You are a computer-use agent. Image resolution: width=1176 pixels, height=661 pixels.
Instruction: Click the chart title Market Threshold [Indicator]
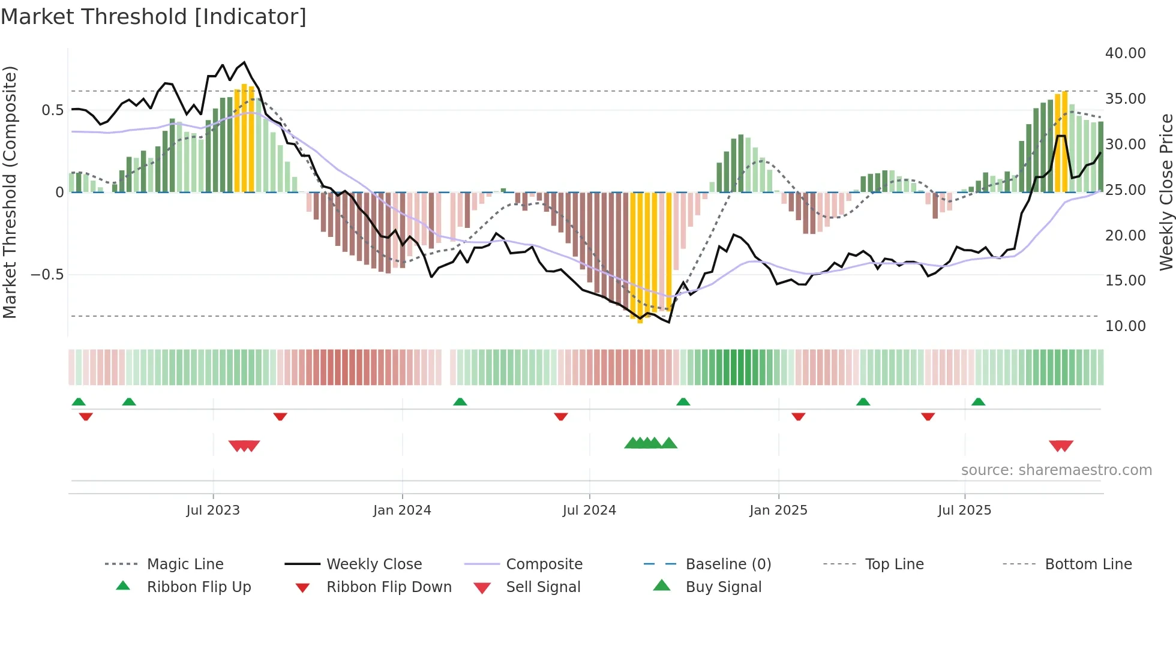[x=154, y=17]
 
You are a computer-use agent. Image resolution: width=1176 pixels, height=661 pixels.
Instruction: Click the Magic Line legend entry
[x=185, y=564]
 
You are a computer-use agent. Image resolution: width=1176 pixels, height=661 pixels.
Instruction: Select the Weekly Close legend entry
[x=374, y=564]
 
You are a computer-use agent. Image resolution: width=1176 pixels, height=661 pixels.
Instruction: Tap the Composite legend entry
[x=544, y=564]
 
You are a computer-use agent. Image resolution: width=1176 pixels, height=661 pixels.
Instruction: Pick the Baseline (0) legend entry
[x=728, y=564]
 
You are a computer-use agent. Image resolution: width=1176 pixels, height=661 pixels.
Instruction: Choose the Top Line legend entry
[x=894, y=564]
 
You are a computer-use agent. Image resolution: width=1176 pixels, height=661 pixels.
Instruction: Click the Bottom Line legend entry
[x=1088, y=564]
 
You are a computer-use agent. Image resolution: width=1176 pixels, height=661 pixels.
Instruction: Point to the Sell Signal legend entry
[x=542, y=587]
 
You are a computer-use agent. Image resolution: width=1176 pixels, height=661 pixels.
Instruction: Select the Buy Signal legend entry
[x=723, y=587]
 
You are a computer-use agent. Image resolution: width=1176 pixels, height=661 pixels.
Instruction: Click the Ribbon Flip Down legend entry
[x=388, y=587]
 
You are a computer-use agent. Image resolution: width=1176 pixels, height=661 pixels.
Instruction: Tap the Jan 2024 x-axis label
[x=402, y=510]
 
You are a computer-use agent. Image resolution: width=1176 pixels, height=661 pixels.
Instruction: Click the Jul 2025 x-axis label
[x=964, y=510]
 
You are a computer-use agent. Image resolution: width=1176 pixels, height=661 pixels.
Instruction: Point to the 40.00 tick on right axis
[x=1125, y=53]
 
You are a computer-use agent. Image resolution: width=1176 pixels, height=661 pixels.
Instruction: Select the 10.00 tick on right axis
[x=1125, y=326]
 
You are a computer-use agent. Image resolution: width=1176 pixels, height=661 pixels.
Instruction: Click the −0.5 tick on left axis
[x=47, y=275]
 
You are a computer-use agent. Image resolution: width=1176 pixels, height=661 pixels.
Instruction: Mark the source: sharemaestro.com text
[x=1056, y=470]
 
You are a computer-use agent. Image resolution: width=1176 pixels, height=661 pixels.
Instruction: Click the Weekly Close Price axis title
[x=1165, y=192]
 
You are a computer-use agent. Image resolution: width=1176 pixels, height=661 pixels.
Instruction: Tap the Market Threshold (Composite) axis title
[x=10, y=192]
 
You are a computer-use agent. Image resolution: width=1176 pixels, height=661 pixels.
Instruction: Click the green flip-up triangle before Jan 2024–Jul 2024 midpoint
[x=460, y=402]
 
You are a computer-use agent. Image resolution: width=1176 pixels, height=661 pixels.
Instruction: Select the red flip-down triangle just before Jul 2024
[x=561, y=416]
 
